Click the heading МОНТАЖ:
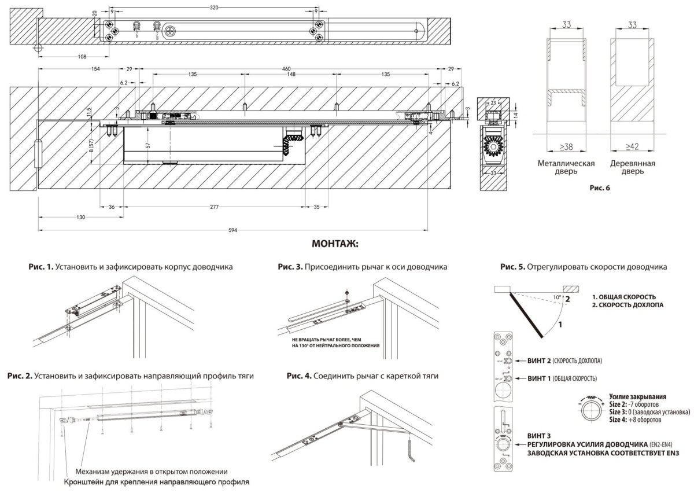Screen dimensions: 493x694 point(335,244)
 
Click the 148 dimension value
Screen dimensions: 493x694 point(291,75)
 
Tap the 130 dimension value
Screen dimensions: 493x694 point(80,217)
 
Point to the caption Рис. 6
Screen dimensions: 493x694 point(599,187)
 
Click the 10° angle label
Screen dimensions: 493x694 point(556,297)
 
